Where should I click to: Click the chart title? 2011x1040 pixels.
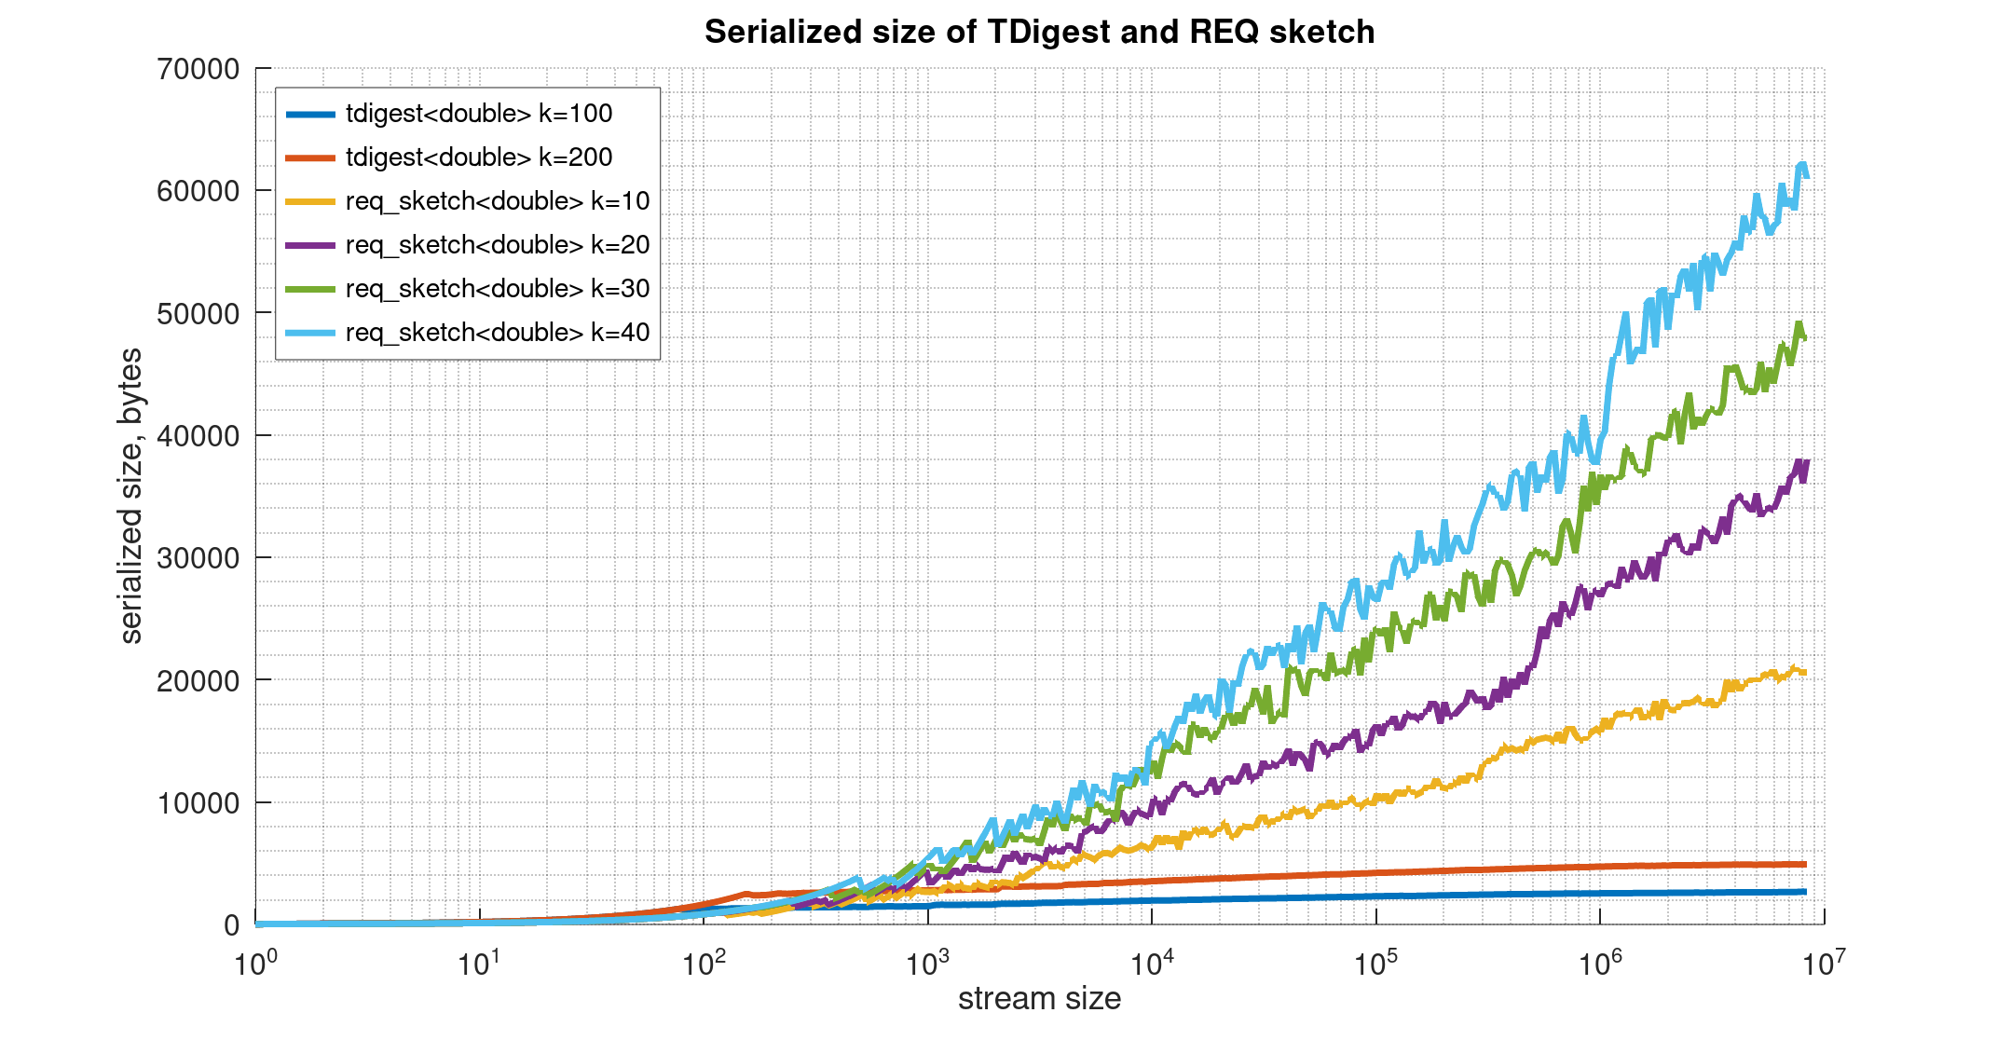click(x=1039, y=32)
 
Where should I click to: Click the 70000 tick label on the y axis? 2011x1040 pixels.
click(x=198, y=69)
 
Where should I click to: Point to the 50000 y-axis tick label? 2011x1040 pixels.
click(x=198, y=314)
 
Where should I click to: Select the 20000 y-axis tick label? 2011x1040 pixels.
click(x=198, y=681)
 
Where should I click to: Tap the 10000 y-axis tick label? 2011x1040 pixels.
click(x=198, y=803)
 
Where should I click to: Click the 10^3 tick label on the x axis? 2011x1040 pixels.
click(x=927, y=963)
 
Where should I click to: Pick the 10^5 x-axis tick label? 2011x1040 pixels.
click(x=1375, y=963)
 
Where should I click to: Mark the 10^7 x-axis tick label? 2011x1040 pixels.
click(x=1824, y=963)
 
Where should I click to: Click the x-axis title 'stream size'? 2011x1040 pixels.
click(x=1039, y=999)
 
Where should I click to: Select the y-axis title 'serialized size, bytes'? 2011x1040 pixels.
click(x=131, y=496)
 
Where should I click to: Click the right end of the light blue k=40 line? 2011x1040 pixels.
click(x=1807, y=176)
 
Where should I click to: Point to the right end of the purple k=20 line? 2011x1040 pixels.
click(x=1807, y=462)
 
